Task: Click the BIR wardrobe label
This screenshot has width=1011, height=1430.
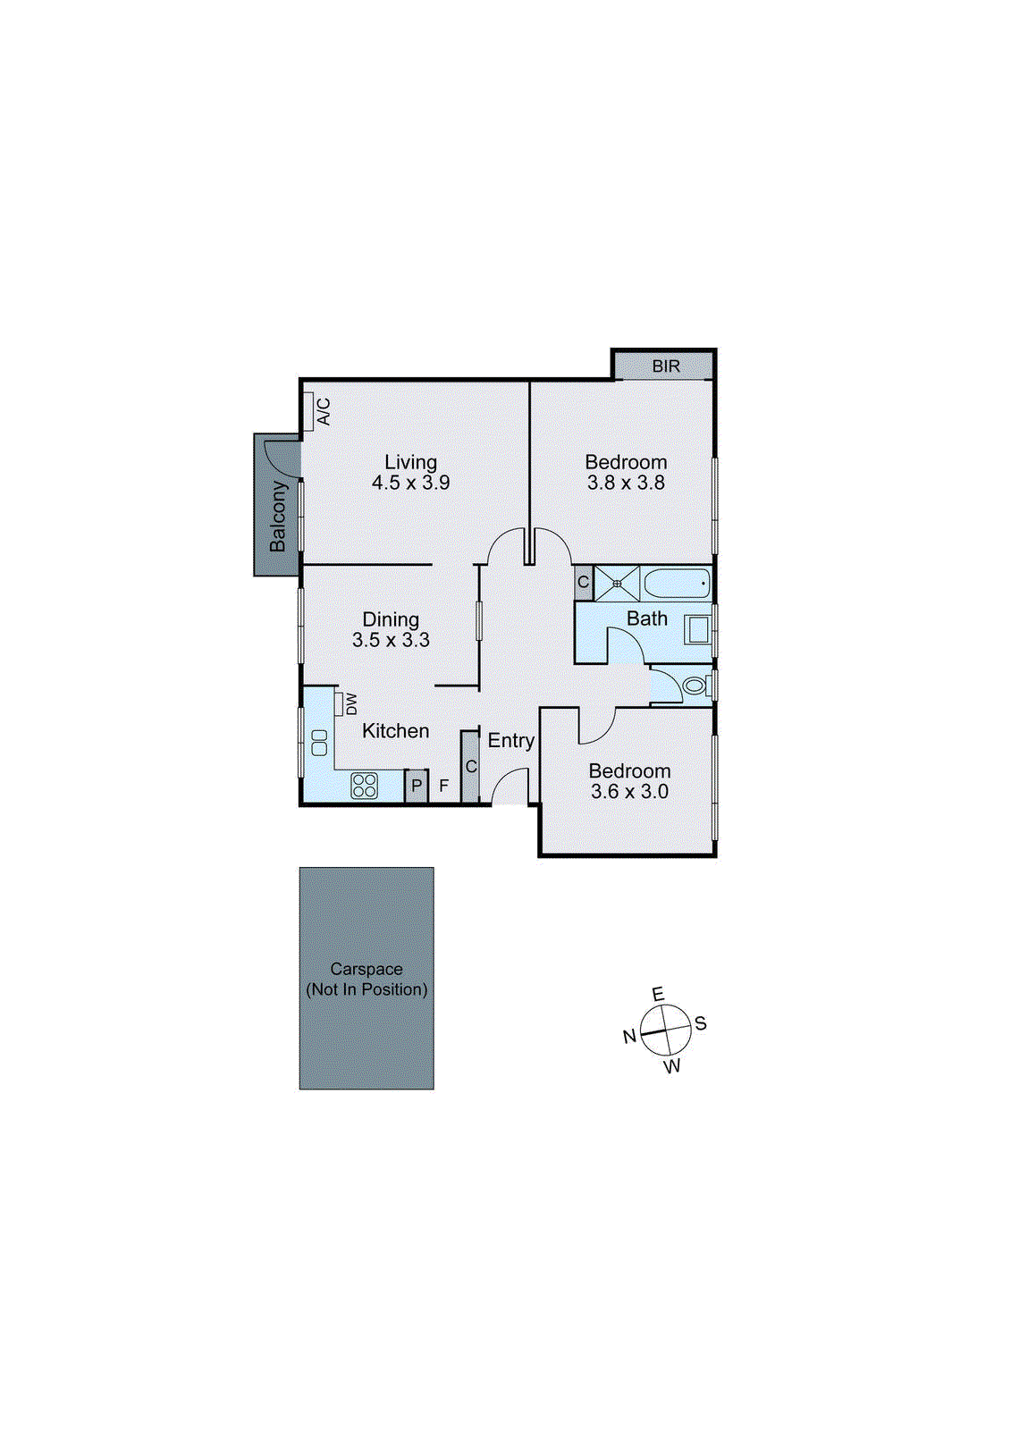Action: point(665,366)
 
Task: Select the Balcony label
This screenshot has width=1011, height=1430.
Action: point(278,516)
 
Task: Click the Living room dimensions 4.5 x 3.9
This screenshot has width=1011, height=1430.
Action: point(410,483)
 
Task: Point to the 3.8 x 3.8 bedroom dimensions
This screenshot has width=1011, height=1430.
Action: point(626,483)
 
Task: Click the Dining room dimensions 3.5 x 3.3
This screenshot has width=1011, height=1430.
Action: point(391,640)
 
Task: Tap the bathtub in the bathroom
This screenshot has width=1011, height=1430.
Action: point(677,584)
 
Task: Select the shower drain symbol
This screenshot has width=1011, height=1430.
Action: point(617,584)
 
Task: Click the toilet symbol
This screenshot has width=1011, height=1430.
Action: point(694,686)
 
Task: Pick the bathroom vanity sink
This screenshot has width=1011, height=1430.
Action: point(697,629)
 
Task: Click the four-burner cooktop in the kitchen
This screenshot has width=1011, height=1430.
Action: point(365,786)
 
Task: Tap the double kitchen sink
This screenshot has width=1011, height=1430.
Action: point(318,743)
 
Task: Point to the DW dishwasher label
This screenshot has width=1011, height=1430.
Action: point(350,703)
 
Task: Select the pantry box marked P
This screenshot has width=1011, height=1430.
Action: point(417,787)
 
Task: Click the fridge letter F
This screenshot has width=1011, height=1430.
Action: point(444,786)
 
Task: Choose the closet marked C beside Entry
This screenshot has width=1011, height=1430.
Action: point(470,767)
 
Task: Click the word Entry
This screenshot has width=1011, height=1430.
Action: point(510,741)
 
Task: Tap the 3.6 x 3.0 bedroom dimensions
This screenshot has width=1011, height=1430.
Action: point(629,792)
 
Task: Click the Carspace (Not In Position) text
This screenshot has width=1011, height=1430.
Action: point(366,980)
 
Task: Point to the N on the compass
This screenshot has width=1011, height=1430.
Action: point(629,1036)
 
